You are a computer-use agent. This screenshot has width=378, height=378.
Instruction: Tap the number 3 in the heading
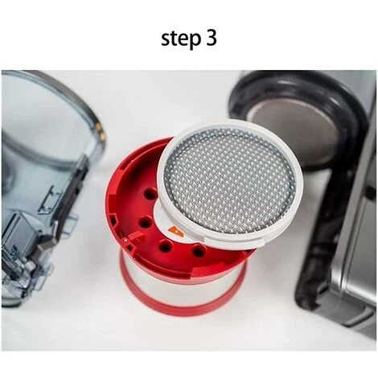pos(212,38)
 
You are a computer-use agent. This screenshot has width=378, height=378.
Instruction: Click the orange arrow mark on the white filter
pos(176,232)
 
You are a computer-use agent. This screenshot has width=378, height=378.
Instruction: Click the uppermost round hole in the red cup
pos(150,194)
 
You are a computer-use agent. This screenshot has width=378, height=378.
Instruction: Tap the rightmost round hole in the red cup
pos(199,252)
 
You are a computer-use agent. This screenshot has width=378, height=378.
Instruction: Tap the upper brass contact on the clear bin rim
pos(99,126)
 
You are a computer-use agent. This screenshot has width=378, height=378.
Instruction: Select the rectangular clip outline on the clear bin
pos(49,200)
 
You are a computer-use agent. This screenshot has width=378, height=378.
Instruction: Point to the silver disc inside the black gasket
pos(291,131)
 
